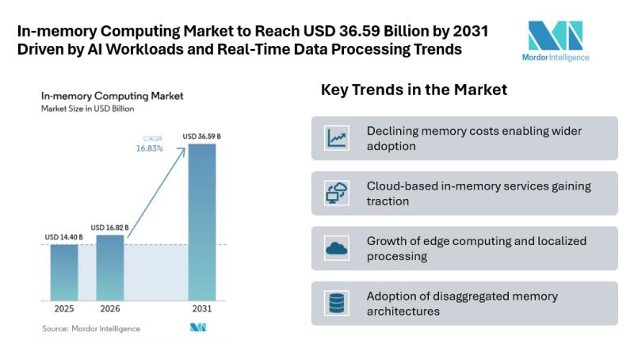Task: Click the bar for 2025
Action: click(64, 272)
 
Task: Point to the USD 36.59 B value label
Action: click(201, 136)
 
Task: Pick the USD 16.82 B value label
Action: click(109, 228)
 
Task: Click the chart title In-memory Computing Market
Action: click(112, 96)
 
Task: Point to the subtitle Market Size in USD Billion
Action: click(88, 109)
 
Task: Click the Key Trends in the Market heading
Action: click(414, 90)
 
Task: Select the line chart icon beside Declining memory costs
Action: click(337, 139)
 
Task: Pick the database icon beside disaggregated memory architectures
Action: click(337, 303)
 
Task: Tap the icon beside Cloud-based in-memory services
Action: click(337, 193)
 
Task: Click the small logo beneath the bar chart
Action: click(197, 327)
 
